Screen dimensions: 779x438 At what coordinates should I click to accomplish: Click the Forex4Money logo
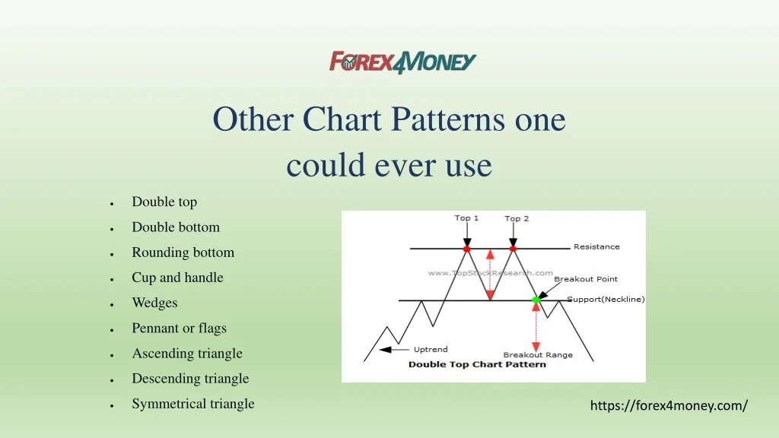402,62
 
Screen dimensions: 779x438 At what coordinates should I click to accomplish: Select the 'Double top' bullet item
164,202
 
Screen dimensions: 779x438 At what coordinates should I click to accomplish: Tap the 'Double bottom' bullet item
176,227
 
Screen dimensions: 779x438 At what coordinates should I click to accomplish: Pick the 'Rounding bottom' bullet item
183,252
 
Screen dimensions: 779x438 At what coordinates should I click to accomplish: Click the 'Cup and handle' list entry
177,278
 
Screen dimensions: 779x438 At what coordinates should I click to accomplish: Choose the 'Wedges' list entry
154,303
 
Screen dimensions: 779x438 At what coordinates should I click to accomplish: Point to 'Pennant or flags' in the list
179,328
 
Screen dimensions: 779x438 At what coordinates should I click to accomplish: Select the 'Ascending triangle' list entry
187,354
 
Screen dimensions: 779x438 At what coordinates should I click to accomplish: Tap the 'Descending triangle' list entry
190,379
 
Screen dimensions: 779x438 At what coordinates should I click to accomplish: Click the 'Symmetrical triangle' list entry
192,404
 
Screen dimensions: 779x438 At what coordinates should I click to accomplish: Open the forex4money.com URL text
669,406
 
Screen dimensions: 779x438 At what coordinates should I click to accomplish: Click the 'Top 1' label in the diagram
466,218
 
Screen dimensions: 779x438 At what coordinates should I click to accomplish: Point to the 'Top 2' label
517,218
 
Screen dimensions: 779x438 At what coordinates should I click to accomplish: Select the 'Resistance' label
596,247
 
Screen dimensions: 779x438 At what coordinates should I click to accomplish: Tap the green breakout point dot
536,300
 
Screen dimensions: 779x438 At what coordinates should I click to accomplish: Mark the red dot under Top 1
467,249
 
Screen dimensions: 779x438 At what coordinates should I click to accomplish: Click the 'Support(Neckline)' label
606,300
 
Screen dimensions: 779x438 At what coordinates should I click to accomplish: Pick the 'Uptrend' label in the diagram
431,350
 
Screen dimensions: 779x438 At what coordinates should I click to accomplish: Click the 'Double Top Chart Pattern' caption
477,364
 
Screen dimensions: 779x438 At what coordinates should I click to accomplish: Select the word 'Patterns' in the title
447,119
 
